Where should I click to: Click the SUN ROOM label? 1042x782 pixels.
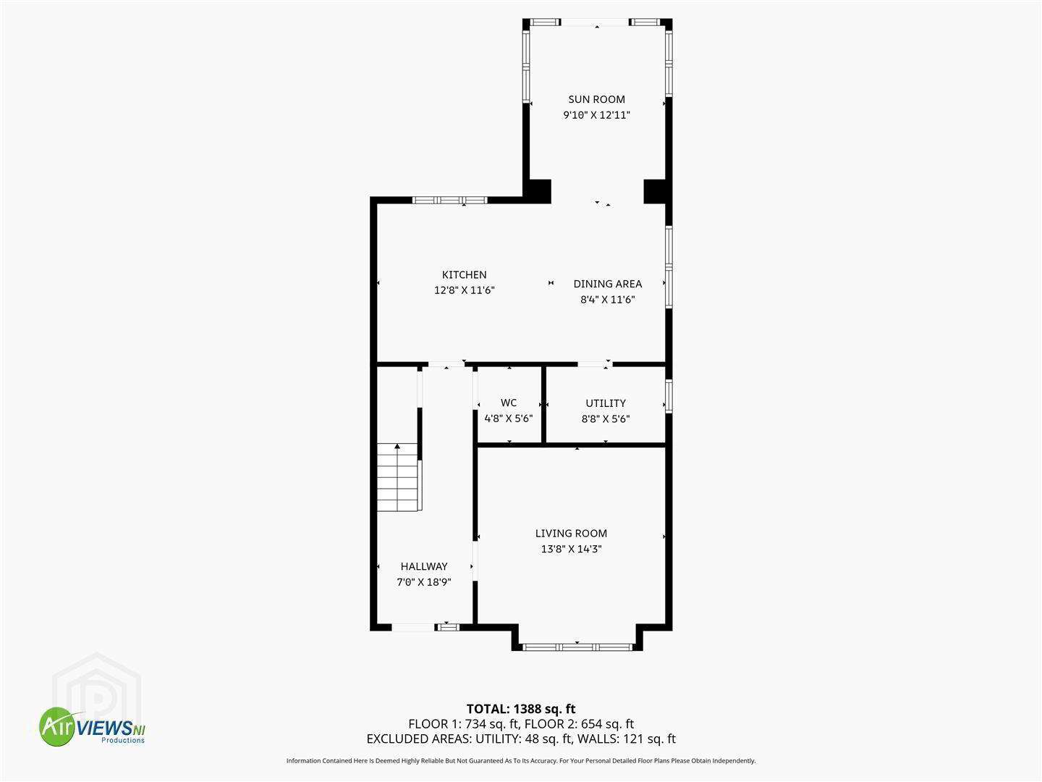596,99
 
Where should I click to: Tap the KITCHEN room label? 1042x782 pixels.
464,274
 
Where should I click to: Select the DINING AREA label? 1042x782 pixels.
607,283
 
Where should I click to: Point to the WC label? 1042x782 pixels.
509,403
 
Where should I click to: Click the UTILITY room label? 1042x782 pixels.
605,403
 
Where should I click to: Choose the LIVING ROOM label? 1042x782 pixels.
571,533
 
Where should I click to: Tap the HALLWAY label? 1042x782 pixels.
424,566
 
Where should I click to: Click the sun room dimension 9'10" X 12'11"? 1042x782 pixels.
596,115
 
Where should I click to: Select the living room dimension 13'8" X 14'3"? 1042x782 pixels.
571,549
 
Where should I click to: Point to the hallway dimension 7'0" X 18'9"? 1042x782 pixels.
424,581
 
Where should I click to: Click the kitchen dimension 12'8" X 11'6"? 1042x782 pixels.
464,290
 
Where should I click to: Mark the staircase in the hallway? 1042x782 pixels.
399,477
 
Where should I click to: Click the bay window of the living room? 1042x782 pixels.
577,647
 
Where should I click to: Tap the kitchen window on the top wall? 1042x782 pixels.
449,200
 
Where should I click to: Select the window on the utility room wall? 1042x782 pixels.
669,395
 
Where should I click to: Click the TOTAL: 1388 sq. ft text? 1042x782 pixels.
521,709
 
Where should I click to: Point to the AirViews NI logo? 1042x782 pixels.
92,726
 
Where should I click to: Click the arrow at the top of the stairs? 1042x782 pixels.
397,446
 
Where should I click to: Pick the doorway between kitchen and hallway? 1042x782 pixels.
446,364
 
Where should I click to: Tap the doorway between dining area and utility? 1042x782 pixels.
595,364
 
